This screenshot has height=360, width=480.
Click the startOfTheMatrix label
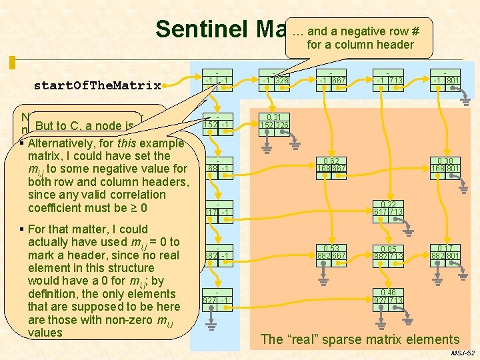tap(97, 85)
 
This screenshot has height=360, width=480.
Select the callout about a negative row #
tap(360, 38)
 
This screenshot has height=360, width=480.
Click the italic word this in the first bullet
tap(127, 143)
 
